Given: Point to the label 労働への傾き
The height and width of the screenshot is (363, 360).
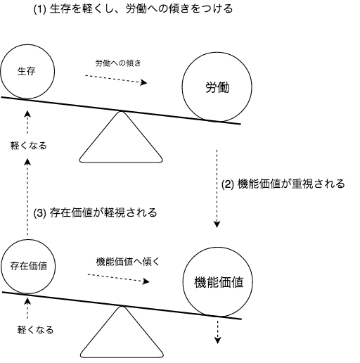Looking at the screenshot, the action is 118,63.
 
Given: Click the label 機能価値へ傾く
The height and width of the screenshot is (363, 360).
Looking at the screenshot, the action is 128,262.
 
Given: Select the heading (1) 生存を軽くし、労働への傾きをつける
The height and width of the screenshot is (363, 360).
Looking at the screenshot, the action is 133,9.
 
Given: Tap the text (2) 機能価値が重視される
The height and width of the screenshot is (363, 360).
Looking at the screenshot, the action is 283,184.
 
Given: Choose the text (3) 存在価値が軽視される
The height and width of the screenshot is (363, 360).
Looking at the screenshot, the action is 95,213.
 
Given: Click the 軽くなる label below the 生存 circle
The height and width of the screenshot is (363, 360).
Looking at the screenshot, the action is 29,146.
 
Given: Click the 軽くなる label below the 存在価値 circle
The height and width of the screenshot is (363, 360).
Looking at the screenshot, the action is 35,330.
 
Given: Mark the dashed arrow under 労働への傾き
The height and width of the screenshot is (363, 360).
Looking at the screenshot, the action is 116,79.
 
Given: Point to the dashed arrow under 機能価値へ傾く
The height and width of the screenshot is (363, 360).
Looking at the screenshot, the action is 119,278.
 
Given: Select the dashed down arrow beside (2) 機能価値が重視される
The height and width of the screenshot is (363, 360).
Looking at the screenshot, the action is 217,189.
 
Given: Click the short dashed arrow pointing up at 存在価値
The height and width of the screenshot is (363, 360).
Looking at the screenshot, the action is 27,308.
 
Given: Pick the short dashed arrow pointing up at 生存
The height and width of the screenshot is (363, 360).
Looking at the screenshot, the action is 27,122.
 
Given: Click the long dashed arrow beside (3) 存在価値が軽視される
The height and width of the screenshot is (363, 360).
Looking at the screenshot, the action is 27,197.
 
